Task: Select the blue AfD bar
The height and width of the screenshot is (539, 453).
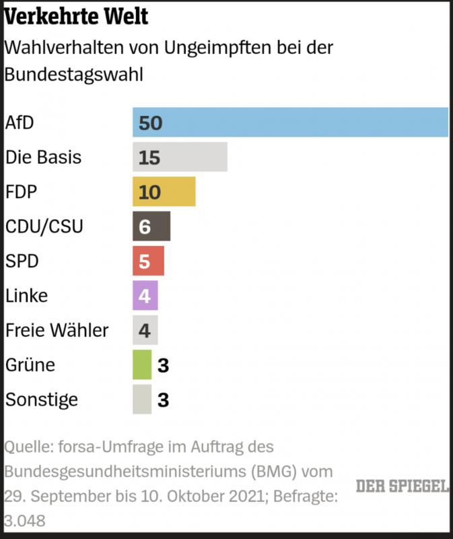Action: [290, 122]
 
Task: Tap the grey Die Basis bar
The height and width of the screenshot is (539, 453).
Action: [180, 157]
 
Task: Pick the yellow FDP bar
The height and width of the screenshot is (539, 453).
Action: [164, 192]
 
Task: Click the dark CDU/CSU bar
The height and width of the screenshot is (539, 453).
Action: [151, 226]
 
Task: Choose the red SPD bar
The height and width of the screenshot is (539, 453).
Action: [148, 261]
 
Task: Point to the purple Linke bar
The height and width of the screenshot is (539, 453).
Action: [145, 295]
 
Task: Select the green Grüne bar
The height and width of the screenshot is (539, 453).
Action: [142, 364]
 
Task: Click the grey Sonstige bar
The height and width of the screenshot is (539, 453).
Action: [142, 399]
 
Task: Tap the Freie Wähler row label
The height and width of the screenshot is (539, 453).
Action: [57, 330]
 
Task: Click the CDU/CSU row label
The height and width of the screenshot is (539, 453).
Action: [44, 226]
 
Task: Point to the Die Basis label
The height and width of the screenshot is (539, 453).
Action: [43, 157]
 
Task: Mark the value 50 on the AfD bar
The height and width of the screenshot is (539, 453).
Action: [151, 123]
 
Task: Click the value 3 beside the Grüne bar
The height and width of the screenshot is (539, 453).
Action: [162, 365]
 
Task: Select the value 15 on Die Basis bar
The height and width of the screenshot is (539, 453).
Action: [149, 158]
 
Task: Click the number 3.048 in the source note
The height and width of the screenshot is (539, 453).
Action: [26, 521]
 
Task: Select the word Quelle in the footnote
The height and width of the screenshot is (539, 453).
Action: [26, 447]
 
